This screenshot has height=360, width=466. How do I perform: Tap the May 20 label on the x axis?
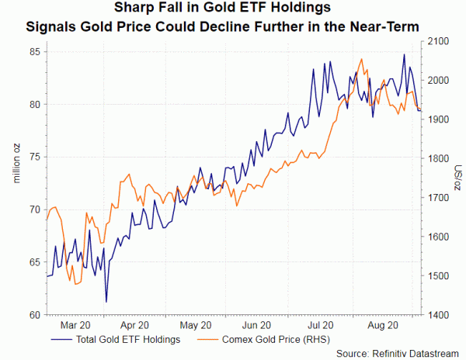coord(195,326)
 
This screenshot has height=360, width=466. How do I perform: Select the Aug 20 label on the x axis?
coord(381,326)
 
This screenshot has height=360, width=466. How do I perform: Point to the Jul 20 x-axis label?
coord(320,326)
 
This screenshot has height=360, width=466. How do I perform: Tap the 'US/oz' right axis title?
coord(457,178)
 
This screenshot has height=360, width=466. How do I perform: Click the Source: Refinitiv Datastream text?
coord(399,354)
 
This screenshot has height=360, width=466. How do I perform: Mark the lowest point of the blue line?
coord(106,301)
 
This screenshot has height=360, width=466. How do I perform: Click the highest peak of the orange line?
coord(361,59)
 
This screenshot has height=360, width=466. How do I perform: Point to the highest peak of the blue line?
coord(404,54)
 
